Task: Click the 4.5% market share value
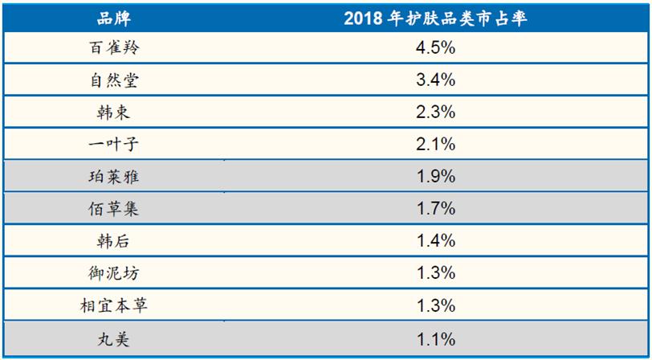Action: coord(435,48)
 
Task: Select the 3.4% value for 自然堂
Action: coord(435,80)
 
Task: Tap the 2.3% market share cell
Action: coord(435,112)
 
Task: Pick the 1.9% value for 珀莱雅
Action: coord(435,177)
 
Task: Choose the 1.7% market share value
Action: coord(435,209)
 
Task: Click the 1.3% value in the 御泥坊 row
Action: coord(435,273)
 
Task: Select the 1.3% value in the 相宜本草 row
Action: coord(435,305)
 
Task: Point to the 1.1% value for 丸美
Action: coord(435,338)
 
